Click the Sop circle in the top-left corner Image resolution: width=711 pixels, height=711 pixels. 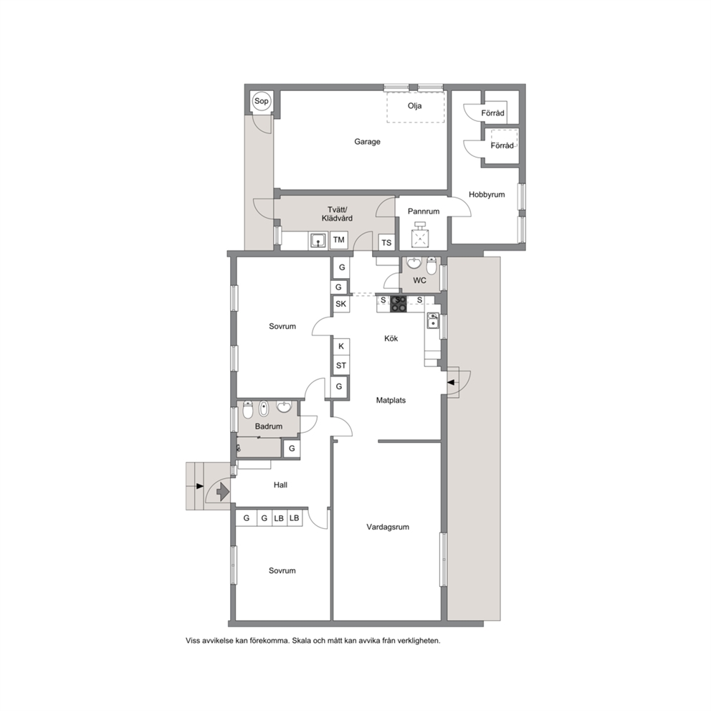(261, 101)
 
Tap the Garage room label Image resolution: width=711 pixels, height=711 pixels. (367, 141)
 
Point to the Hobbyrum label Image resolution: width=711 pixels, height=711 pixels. (487, 194)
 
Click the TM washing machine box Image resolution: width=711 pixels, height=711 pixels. (339, 240)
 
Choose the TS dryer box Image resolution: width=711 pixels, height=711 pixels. (386, 242)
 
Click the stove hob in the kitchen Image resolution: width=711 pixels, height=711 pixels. (399, 304)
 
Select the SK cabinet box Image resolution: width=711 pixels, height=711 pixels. (340, 304)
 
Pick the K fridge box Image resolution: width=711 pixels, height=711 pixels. (341, 346)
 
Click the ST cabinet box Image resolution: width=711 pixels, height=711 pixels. (341, 366)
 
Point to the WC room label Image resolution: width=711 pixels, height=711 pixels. (419, 280)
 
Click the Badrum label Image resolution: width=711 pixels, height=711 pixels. (269, 426)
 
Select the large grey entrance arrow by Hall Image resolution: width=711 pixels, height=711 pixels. (222, 491)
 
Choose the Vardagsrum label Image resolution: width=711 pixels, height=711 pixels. (388, 527)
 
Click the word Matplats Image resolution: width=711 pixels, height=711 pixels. (391, 401)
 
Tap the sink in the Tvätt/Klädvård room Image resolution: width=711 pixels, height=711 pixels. (319, 240)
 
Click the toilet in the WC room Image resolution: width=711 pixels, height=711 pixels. (431, 266)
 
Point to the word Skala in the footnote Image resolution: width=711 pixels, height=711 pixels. (302, 641)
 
